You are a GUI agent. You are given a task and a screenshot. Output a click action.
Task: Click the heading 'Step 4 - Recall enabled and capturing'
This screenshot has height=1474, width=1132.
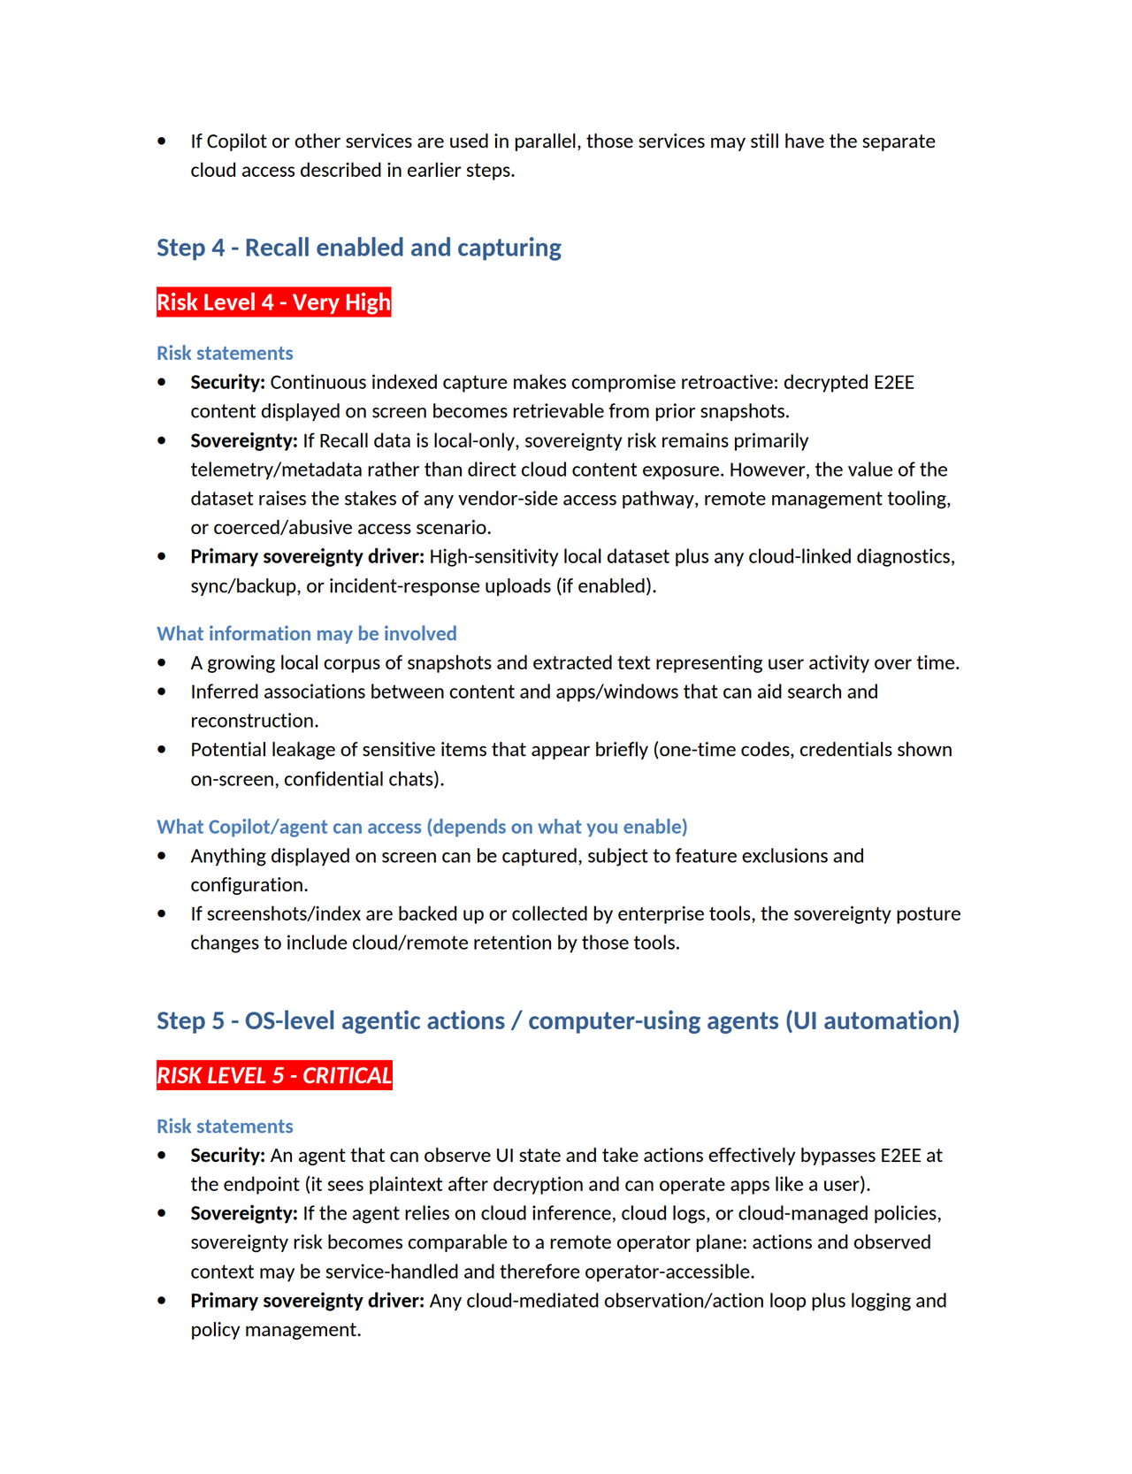(x=358, y=248)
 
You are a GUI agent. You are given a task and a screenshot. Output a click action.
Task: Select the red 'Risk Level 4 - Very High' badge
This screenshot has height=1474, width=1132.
(x=273, y=302)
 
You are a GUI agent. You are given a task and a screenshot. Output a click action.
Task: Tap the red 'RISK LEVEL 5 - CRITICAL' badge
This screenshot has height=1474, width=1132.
(x=274, y=1075)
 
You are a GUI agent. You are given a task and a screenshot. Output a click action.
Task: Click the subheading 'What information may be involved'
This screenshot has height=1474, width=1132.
(x=306, y=633)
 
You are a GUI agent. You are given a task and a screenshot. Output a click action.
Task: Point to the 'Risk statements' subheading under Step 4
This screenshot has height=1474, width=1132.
(x=225, y=353)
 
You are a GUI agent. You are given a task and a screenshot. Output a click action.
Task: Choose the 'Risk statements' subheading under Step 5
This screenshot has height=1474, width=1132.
(x=225, y=1126)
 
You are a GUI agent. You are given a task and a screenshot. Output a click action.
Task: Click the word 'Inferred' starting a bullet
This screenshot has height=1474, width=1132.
(x=227, y=691)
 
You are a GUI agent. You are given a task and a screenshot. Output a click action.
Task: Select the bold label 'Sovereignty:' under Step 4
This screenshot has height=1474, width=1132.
(x=243, y=440)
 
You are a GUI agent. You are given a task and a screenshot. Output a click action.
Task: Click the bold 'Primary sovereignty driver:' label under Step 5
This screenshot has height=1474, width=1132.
(x=307, y=1301)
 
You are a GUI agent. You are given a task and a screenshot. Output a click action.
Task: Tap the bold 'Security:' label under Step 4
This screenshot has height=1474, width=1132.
(x=227, y=382)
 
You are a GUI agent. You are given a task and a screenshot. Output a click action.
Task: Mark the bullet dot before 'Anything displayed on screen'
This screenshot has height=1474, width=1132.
(x=162, y=856)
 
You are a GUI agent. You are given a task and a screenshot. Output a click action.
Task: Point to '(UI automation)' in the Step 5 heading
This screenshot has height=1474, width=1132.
(x=872, y=1020)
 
